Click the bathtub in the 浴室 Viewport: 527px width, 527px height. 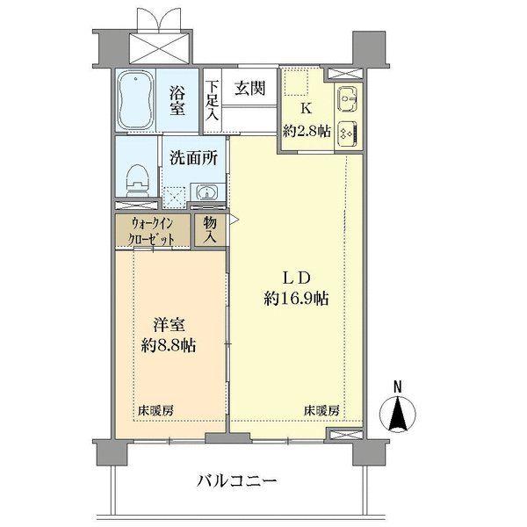[137, 99]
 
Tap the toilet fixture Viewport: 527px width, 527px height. [137, 179]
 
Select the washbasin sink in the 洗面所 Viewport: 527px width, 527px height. [204, 191]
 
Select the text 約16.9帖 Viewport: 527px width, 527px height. [296, 299]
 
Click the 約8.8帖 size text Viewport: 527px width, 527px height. [165, 345]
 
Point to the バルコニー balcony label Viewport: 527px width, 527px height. [237, 480]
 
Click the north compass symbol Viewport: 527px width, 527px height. [398, 410]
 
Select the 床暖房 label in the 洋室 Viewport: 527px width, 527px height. [155, 410]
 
